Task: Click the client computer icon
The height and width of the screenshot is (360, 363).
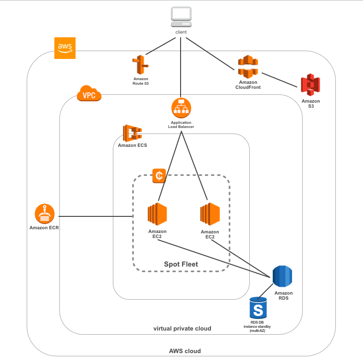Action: point(181,17)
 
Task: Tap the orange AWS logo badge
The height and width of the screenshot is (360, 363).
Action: point(64,48)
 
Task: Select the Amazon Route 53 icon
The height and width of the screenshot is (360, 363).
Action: point(141,65)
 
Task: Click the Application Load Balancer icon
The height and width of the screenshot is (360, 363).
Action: point(181,108)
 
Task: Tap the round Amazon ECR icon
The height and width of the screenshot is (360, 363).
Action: point(45,214)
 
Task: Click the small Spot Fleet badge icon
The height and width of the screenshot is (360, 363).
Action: point(158,175)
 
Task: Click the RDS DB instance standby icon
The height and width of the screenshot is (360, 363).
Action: point(258,306)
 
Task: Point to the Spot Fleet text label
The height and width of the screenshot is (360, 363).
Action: point(181,264)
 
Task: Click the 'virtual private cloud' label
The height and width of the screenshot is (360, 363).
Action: point(182,329)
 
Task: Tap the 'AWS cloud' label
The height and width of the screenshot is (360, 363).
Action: point(185,351)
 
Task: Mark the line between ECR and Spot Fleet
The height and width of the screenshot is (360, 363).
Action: point(94,216)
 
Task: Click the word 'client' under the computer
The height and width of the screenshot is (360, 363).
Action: point(181,32)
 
